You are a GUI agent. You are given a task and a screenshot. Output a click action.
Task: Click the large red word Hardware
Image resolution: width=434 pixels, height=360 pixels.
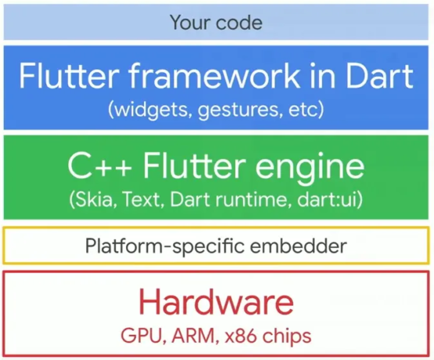coord(217,302)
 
